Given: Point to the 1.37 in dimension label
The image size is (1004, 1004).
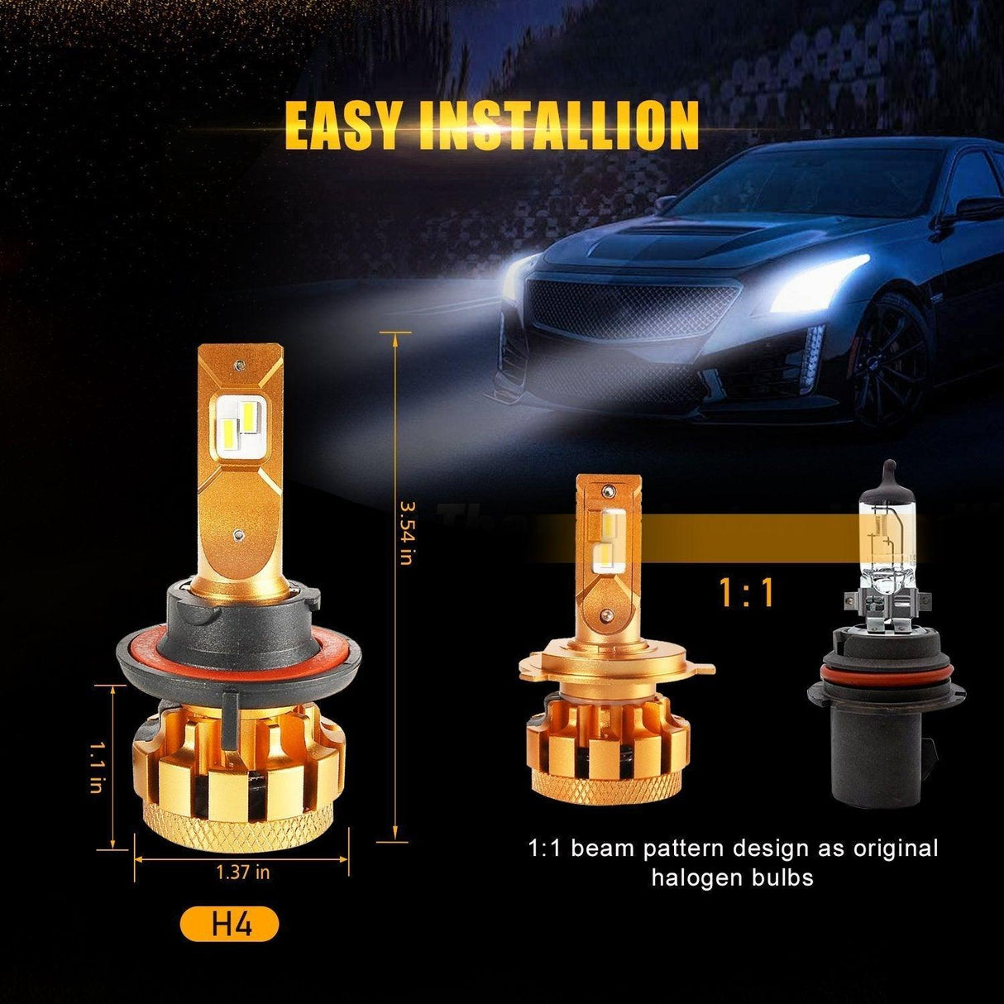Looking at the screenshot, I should (242, 871).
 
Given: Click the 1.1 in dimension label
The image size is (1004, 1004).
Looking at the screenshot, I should (98, 767).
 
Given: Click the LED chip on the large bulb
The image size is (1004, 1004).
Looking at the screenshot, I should (241, 418).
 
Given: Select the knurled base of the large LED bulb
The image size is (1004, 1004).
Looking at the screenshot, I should (240, 828).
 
